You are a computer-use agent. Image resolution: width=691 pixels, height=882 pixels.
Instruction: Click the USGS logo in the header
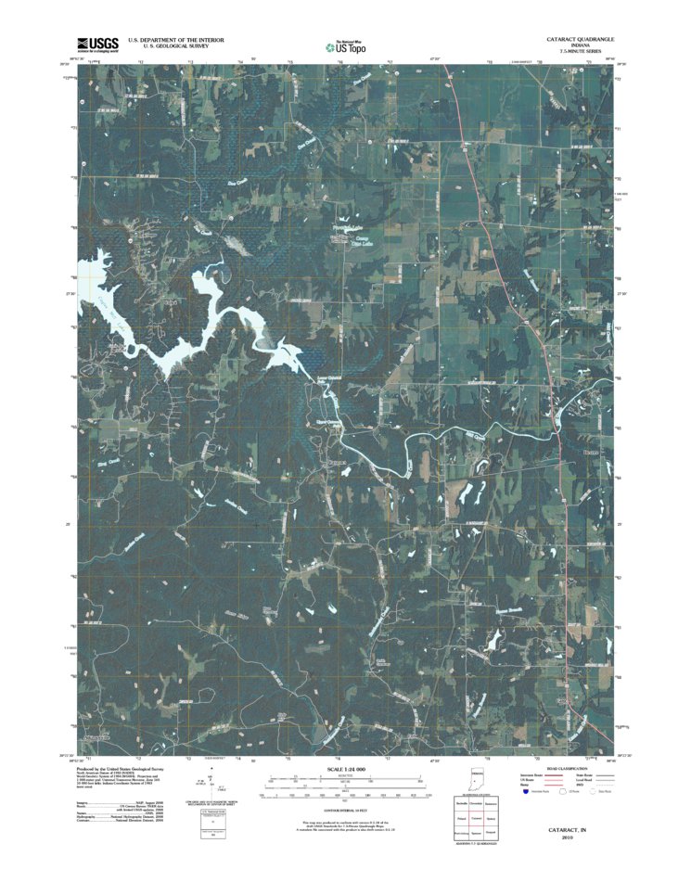pyautogui.click(x=96, y=44)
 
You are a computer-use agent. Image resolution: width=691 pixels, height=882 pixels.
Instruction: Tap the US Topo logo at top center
pyautogui.click(x=345, y=45)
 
